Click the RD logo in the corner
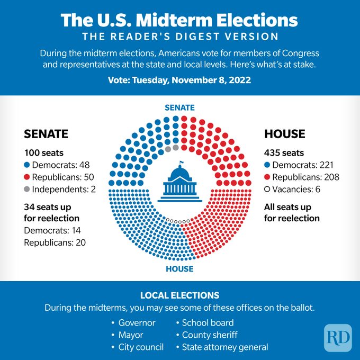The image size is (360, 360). (x=338, y=337)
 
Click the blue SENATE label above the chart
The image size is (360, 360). (x=179, y=107)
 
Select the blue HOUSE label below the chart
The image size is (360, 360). (x=179, y=269)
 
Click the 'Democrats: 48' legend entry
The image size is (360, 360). (x=56, y=165)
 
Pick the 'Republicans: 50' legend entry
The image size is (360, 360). (x=59, y=177)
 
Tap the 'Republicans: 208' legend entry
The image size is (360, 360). (x=302, y=177)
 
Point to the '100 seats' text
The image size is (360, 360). (x=43, y=153)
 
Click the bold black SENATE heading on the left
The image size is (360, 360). (x=46, y=134)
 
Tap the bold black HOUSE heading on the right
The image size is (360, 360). (x=284, y=134)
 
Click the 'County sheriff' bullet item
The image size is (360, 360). (x=209, y=335)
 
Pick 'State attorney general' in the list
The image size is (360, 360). (x=224, y=347)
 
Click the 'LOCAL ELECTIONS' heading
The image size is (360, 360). (x=179, y=295)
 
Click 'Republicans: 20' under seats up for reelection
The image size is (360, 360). (x=55, y=242)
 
